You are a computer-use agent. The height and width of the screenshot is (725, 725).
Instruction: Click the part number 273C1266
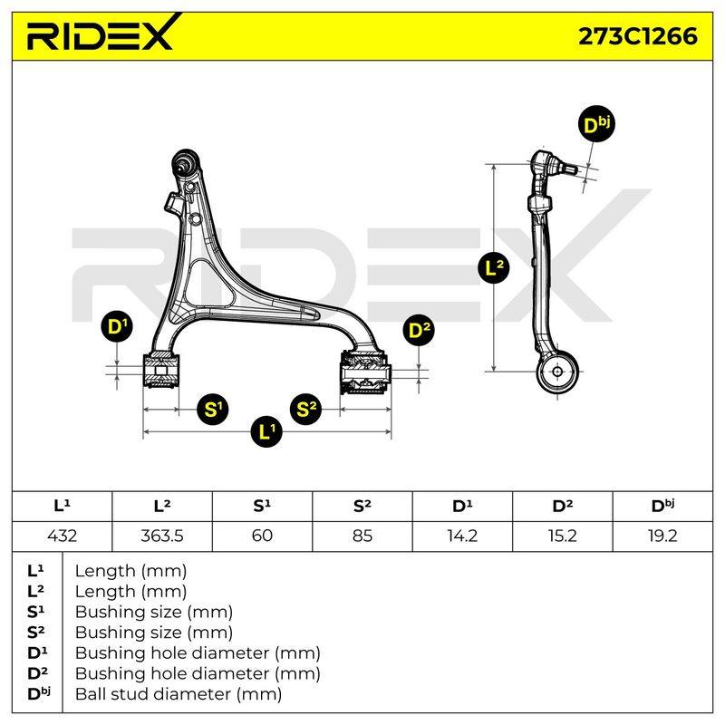click(x=638, y=36)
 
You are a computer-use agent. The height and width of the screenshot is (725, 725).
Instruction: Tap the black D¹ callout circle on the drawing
click(x=117, y=326)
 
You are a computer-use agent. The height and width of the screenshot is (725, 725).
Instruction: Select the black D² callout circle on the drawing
click(x=419, y=330)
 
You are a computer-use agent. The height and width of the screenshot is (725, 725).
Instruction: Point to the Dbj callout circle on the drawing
click(x=596, y=125)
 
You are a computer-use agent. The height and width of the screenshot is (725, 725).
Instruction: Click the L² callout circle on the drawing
click(x=493, y=267)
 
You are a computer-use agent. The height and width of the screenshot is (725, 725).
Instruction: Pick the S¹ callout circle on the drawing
click(x=213, y=410)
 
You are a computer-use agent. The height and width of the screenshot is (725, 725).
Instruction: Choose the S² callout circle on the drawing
click(x=306, y=410)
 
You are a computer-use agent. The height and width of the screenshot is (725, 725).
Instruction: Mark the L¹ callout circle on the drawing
click(x=266, y=431)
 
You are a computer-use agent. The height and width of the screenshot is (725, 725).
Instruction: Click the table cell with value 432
click(x=62, y=536)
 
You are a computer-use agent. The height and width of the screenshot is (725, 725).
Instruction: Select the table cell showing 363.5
click(x=162, y=536)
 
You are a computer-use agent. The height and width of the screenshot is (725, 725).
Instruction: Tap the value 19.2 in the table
click(x=662, y=536)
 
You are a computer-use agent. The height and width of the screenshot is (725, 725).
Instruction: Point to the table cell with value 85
click(x=362, y=536)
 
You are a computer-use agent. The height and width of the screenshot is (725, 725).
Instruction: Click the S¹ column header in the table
click(x=262, y=507)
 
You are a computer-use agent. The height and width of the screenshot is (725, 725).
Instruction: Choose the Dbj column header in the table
click(x=662, y=507)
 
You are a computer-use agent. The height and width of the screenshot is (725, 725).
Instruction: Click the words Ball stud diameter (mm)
click(x=179, y=694)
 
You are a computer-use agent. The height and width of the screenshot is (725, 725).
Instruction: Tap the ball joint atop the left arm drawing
click(x=185, y=162)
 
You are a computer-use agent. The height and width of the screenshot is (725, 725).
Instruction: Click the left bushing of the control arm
click(x=160, y=371)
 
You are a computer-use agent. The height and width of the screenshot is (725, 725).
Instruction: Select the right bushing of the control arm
click(x=365, y=372)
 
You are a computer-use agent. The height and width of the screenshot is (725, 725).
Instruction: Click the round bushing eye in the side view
click(x=557, y=372)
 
